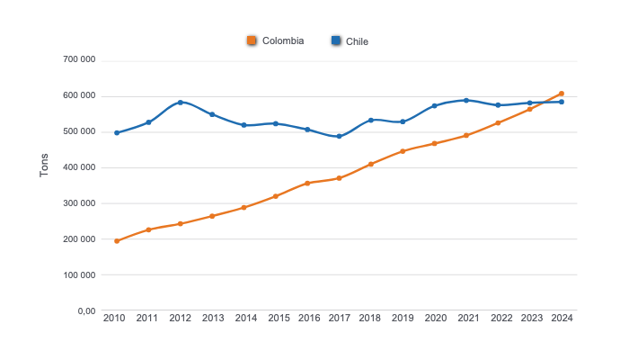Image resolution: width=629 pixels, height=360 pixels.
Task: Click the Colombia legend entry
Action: pos(276,40)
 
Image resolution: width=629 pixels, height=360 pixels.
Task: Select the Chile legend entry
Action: pos(350,40)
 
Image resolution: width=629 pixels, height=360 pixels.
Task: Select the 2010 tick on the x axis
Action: pos(114,318)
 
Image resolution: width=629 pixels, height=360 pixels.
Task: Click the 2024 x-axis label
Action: pos(562,318)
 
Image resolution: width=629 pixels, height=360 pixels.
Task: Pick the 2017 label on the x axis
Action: pos(339,318)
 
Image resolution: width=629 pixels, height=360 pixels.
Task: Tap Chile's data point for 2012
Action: pos(181,103)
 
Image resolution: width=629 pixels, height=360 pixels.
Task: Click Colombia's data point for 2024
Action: pos(562,94)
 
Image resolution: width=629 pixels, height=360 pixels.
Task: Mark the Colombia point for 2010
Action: pos(117,241)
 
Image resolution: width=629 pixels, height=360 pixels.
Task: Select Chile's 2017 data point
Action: pos(339,137)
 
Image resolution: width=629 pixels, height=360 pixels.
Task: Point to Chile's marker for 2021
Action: pos(466,100)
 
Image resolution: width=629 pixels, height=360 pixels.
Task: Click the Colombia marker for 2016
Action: pos(307,184)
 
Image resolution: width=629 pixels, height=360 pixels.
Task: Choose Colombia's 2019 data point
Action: pos(403,151)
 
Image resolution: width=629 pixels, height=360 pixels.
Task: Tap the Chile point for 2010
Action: pos(117,133)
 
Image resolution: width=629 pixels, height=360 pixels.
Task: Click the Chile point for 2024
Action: pos(562,102)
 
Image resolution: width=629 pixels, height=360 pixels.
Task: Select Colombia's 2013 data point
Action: pos(212,216)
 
